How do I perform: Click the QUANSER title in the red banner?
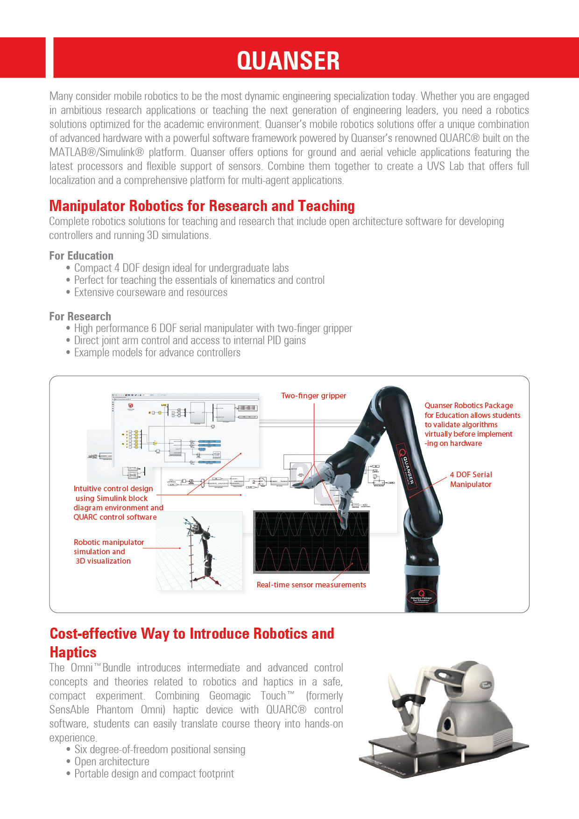[288, 61]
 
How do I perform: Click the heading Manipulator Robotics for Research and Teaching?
[202, 206]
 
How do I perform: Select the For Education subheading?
[81, 256]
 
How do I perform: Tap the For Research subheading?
[80, 317]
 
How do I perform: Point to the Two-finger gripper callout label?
[313, 396]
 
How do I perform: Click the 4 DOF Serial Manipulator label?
[471, 480]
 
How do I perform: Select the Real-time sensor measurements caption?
[311, 585]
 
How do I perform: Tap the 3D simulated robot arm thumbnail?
[199, 551]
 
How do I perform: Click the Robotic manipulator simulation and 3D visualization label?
[108, 551]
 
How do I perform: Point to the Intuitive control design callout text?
[117, 503]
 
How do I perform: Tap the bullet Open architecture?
[112, 762]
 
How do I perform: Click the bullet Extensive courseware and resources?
[150, 292]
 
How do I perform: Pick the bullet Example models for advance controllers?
[157, 353]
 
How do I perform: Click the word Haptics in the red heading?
[73, 652]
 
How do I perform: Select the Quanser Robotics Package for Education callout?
[472, 424]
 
